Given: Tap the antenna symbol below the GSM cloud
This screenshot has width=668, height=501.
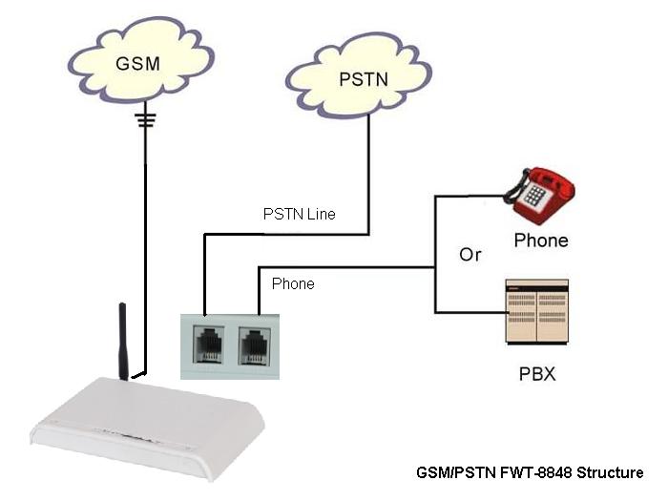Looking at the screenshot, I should [145, 120].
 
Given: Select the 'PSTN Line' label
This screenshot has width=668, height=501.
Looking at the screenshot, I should [299, 214].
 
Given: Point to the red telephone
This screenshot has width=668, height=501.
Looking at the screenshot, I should [540, 196].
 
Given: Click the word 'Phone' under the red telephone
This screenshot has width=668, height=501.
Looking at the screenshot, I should [540, 240].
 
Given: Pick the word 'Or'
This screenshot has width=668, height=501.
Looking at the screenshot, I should [470, 256].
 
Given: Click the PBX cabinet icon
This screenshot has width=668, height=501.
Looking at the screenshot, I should [535, 312].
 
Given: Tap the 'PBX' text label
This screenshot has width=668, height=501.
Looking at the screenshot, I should [538, 374].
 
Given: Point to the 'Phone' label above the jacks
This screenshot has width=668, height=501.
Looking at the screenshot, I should [293, 283].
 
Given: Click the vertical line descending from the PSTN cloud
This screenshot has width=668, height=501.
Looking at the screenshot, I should [369, 172].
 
